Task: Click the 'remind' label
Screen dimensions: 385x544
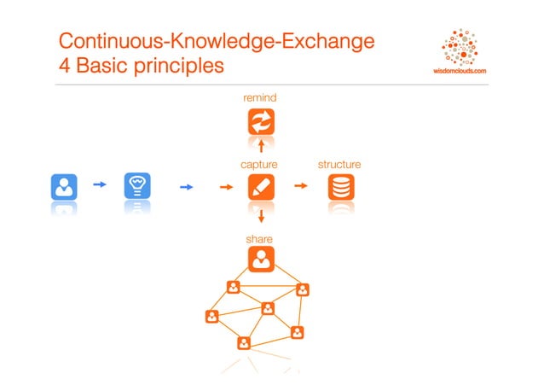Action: [x=260, y=99]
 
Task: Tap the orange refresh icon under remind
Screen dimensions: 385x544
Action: [x=261, y=121]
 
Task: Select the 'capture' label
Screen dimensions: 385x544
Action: [x=260, y=164]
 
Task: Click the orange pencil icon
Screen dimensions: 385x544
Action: [x=261, y=187]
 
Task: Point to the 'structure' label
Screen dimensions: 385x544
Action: [x=339, y=164]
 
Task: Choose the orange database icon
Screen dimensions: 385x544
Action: [x=341, y=187]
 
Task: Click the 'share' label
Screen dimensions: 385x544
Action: [x=260, y=239]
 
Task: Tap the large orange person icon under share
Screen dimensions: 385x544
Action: [x=261, y=260]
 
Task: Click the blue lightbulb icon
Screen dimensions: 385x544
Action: [x=137, y=186]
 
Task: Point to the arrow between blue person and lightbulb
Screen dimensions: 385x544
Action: [x=100, y=184]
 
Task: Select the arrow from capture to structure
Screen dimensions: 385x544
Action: [x=301, y=184]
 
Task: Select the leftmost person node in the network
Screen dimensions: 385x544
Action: [x=211, y=317]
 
